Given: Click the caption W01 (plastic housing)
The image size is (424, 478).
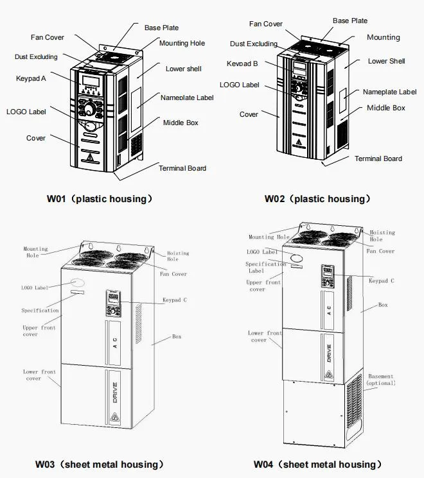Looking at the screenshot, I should click(x=100, y=199).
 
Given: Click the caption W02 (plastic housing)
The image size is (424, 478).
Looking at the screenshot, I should click(x=318, y=199).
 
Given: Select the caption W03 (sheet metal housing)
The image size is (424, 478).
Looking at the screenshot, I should click(x=99, y=465).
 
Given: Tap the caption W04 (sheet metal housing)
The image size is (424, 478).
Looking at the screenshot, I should click(x=317, y=465).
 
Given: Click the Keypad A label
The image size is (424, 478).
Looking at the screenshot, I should click(x=31, y=78).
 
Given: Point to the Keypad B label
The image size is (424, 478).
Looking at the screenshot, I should click(x=242, y=64).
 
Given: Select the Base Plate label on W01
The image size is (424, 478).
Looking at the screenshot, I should click(x=161, y=28).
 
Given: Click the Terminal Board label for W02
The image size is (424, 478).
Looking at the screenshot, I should click(x=378, y=158).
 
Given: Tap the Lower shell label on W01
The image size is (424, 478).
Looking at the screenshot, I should click(x=184, y=69).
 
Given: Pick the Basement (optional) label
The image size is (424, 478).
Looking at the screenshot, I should click(x=380, y=380).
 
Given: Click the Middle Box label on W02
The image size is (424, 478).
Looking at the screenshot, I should click(x=386, y=108).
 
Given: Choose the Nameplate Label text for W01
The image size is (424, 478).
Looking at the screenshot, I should click(x=187, y=98).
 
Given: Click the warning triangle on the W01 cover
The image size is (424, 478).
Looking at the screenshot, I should click(x=89, y=157).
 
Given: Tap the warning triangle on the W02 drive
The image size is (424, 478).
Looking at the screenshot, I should click(x=299, y=142).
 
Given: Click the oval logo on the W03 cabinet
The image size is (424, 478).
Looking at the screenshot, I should click(x=78, y=282).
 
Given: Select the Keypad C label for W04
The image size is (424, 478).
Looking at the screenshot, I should click(x=381, y=280).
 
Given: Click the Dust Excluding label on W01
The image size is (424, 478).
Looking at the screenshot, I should click(x=36, y=57).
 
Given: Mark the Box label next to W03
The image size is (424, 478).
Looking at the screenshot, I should click(x=176, y=336).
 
